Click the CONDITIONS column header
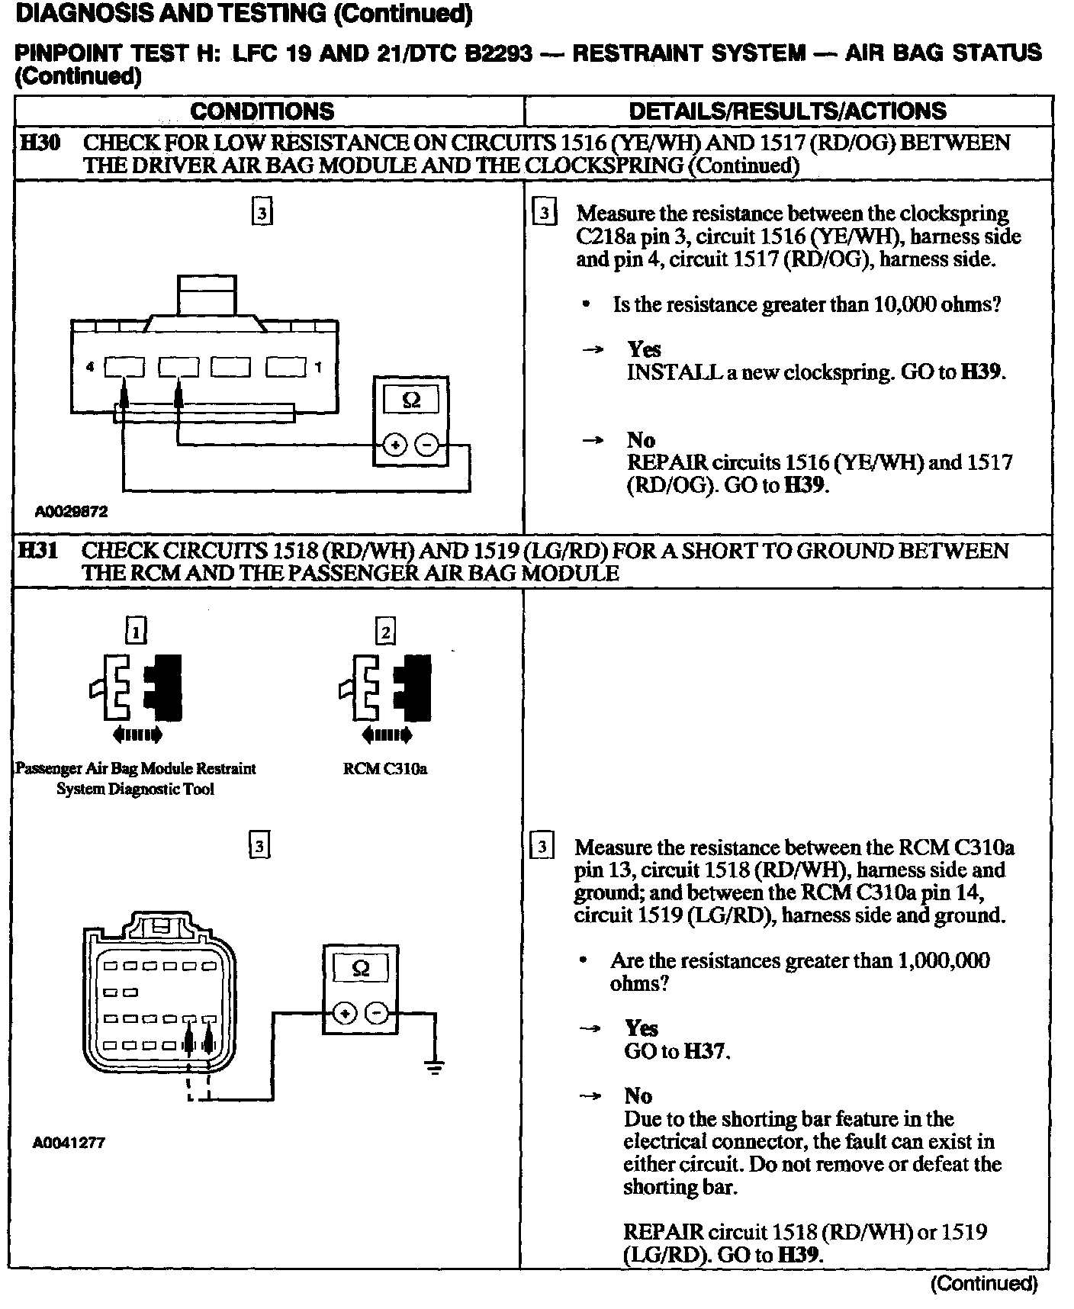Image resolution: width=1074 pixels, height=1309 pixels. [262, 111]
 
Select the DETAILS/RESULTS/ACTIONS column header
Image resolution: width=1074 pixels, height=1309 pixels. [787, 111]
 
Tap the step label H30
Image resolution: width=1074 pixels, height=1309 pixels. [39, 143]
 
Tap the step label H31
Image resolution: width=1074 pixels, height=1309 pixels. [37, 550]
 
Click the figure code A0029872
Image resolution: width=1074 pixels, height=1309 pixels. [71, 512]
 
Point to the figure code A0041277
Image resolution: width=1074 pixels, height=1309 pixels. [69, 1143]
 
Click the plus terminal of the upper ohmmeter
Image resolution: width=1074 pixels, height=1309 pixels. [394, 445]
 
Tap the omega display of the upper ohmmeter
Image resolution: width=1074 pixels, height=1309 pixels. [411, 400]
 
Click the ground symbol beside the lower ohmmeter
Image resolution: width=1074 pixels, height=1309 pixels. [435, 1067]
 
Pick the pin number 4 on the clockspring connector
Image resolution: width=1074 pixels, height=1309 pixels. [90, 367]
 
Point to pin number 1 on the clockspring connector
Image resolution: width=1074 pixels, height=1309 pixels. [318, 367]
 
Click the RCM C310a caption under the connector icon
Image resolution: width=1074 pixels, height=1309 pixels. [385, 769]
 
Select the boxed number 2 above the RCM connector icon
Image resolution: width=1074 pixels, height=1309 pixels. [385, 632]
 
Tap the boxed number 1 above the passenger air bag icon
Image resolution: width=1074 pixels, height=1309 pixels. [136, 631]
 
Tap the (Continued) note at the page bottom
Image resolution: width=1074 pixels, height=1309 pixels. [984, 1284]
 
